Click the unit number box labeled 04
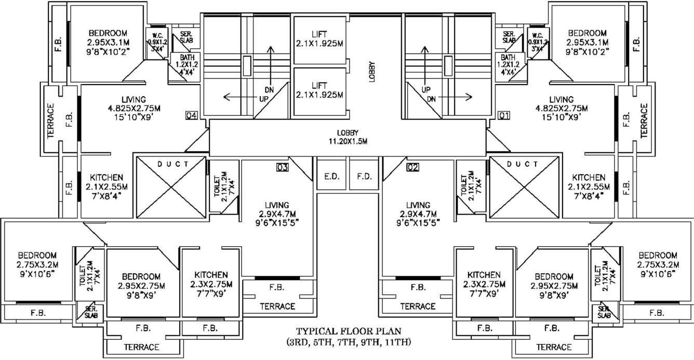pos(191,115)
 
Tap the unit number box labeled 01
pos(503,115)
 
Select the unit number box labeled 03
pos(282,167)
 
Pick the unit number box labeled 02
pos(412,167)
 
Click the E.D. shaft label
pos(331,176)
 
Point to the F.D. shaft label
pos(364,176)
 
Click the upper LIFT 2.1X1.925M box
pos(319,39)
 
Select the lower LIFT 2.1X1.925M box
pos(319,89)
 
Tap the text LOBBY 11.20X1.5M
pos(348,137)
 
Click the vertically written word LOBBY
pos(372,71)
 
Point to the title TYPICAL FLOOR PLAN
pos(348,331)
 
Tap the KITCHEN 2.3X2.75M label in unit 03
pos(211,284)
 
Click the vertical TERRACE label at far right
pos(645,120)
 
